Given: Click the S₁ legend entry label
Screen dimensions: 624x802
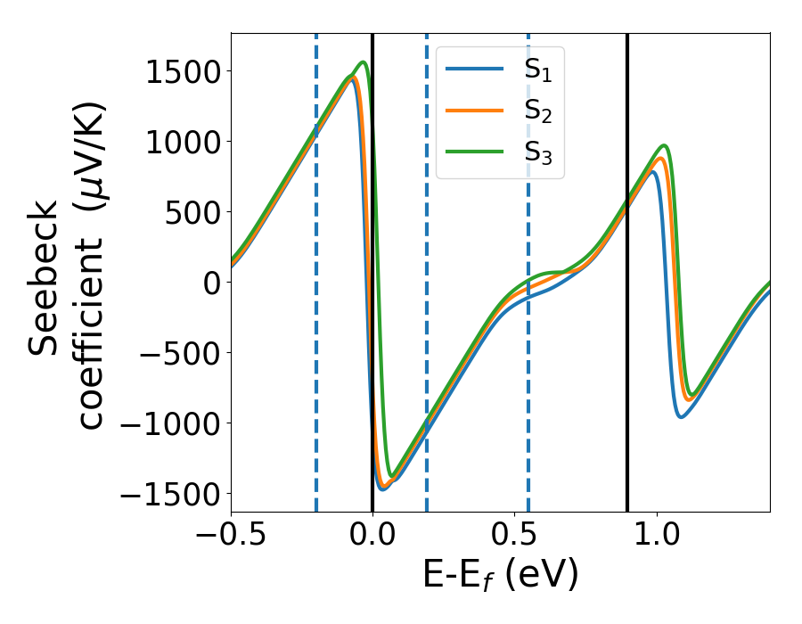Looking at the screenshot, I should coord(537,71).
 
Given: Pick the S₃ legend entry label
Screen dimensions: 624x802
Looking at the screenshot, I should coord(537,156).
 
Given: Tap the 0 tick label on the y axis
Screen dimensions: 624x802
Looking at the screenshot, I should coord(211,283).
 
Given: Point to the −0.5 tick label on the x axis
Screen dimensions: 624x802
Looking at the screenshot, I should coord(231,538).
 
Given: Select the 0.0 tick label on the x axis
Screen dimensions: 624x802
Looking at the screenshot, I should coord(372,538).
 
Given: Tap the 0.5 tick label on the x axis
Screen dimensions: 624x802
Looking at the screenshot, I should coord(515,538).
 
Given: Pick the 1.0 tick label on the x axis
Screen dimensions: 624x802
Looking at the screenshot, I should coord(657,538).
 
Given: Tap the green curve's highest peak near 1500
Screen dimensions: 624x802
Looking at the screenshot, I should coord(364,62).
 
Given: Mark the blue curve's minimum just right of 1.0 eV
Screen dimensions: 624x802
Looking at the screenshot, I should coord(681,416).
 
